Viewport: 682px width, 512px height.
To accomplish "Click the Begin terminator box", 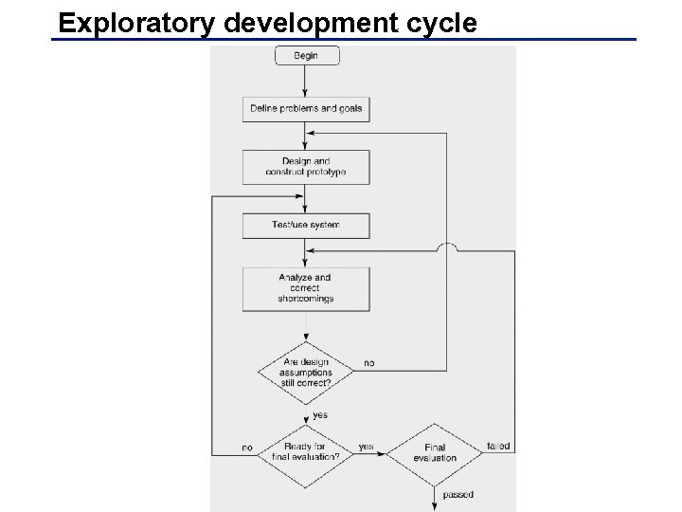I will (306, 56).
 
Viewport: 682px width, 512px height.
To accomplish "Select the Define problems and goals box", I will (306, 109).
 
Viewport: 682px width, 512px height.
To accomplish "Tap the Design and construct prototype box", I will (306, 167).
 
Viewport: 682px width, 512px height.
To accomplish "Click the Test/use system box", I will (306, 226).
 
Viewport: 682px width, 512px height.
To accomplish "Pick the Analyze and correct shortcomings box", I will (306, 288).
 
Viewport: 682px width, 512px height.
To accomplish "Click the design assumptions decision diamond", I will (306, 373).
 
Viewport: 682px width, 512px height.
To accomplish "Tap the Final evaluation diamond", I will (435, 453).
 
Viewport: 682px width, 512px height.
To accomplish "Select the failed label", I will (498, 446).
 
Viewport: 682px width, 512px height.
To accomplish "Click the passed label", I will (458, 495).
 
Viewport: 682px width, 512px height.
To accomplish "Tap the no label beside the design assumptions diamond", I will (368, 363).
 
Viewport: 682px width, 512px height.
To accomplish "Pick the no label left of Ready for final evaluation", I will (247, 447).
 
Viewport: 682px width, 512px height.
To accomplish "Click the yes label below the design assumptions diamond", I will (321, 415).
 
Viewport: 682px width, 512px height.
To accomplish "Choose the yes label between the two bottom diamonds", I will (366, 447).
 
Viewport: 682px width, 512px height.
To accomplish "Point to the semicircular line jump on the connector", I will (448, 247).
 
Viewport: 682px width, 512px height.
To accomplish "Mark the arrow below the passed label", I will (435, 503).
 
